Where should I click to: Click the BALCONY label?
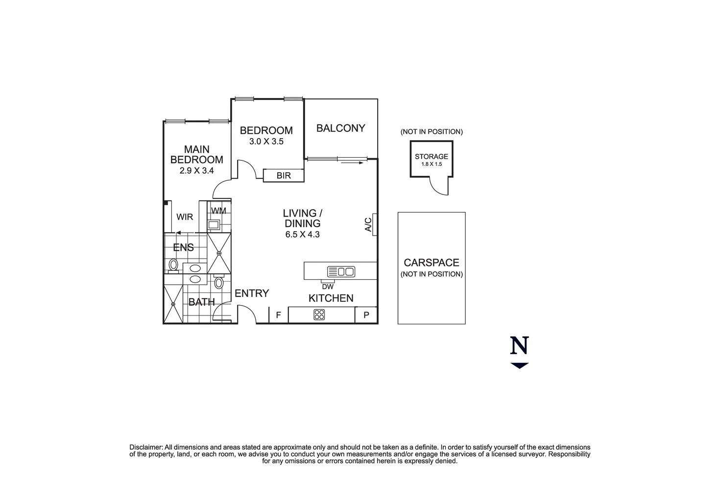pyautogui.click(x=340, y=128)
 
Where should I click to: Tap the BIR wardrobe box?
pyautogui.click(x=284, y=175)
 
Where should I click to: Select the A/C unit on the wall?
pyautogui.click(x=374, y=224)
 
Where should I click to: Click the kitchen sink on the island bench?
pyautogui.click(x=341, y=271)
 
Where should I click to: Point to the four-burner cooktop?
pyautogui.click(x=319, y=314)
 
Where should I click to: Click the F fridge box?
pyautogui.click(x=278, y=315)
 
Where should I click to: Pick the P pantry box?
pyautogui.click(x=366, y=315)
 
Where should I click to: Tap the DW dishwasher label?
pyautogui.click(x=328, y=287)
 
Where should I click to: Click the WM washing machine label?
pyautogui.click(x=218, y=211)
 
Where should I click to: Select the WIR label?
pyautogui.click(x=185, y=217)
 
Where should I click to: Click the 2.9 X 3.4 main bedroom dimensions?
pyautogui.click(x=197, y=171)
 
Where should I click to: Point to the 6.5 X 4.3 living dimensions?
pyautogui.click(x=302, y=234)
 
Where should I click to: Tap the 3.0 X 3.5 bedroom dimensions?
pyautogui.click(x=266, y=142)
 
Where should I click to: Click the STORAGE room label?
pyautogui.click(x=432, y=157)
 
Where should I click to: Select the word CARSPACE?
pyautogui.click(x=432, y=263)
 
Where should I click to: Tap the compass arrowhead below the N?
pyautogui.click(x=519, y=365)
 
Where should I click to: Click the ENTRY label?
pyautogui.click(x=252, y=293)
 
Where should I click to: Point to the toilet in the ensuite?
pyautogui.click(x=173, y=265)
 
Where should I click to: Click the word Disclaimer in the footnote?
pyautogui.click(x=145, y=447)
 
